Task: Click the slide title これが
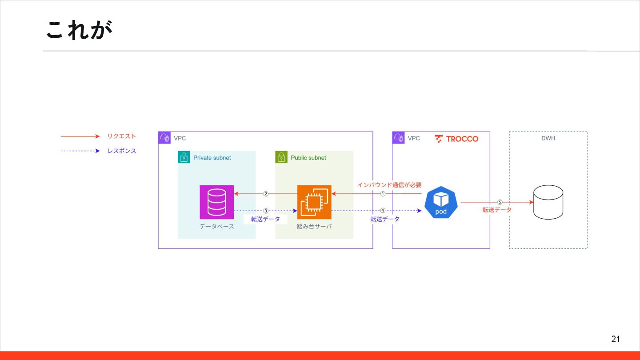click(79, 30)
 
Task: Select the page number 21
click(615, 339)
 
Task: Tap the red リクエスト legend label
click(121, 136)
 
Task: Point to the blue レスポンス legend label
click(121, 151)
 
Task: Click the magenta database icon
click(216, 202)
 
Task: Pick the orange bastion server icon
click(314, 202)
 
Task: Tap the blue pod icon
click(441, 203)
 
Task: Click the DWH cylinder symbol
click(548, 203)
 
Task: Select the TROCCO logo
click(456, 139)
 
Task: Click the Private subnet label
click(212, 158)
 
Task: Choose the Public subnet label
click(308, 158)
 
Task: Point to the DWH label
click(548, 138)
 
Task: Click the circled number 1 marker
click(383, 194)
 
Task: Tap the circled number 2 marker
click(266, 194)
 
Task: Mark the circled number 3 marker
click(266, 211)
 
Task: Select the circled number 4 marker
click(383, 211)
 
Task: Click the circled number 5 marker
click(500, 202)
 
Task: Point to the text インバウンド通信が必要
click(389, 185)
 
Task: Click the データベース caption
click(216, 227)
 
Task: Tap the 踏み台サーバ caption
click(314, 227)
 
